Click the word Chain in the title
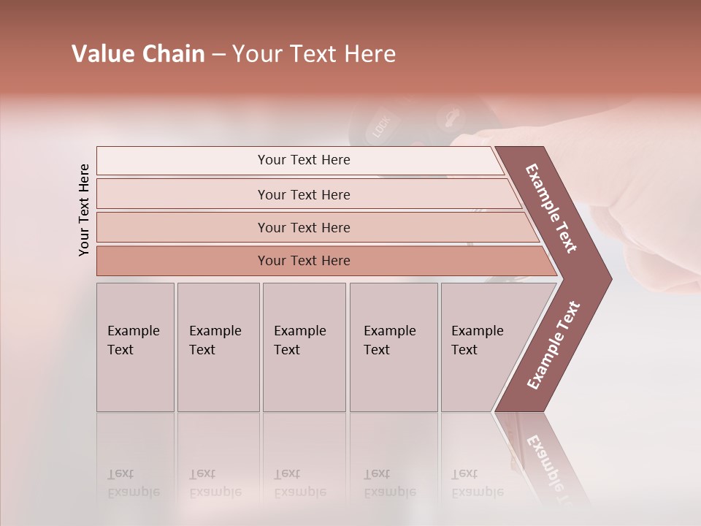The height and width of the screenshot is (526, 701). click(x=173, y=54)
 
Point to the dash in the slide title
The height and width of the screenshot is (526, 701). click(x=218, y=55)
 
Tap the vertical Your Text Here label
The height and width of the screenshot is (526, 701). click(x=84, y=210)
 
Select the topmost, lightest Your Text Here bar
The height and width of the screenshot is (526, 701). click(x=304, y=160)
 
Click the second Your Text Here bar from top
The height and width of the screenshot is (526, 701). click(x=304, y=194)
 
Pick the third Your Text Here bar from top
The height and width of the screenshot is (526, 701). click(x=304, y=227)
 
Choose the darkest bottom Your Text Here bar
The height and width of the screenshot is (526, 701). click(x=304, y=261)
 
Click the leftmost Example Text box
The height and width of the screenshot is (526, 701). click(x=135, y=347)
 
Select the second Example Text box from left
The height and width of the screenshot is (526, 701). click(x=218, y=347)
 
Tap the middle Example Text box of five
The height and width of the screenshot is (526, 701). click(x=304, y=347)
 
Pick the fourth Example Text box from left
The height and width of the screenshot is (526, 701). click(x=393, y=347)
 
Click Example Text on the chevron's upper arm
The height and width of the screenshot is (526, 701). click(x=551, y=208)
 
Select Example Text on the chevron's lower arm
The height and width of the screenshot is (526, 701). click(x=553, y=346)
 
